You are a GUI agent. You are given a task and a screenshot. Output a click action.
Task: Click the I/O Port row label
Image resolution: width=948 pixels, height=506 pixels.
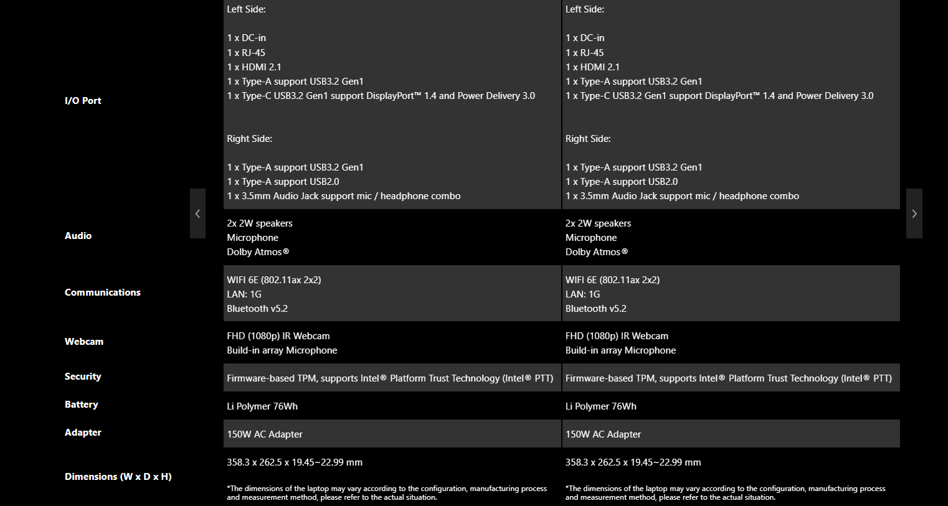pyautogui.click(x=83, y=101)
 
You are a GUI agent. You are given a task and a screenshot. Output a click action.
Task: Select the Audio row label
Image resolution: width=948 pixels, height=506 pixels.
pyautogui.click(x=78, y=236)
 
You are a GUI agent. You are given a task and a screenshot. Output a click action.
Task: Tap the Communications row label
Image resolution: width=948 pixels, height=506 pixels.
pyautogui.click(x=103, y=293)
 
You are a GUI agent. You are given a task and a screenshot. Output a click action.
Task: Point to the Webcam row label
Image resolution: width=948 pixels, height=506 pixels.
pyautogui.click(x=84, y=342)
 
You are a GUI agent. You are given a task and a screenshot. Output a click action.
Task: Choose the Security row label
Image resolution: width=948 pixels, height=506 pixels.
pyautogui.click(x=83, y=377)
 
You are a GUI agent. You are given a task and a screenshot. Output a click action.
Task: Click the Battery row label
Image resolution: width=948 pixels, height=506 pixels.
pyautogui.click(x=82, y=405)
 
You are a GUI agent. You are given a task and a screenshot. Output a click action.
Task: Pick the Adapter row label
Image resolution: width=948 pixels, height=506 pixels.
pyautogui.click(x=83, y=433)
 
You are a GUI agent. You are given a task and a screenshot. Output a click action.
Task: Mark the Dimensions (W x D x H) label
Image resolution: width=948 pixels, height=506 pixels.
pyautogui.click(x=118, y=477)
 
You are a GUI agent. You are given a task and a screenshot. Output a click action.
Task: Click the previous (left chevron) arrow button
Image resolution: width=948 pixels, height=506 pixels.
pyautogui.click(x=197, y=213)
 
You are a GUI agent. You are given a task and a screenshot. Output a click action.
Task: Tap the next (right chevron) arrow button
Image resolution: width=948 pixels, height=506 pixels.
pyautogui.click(x=914, y=213)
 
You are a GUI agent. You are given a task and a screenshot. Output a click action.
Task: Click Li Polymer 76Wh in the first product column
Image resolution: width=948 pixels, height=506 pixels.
pyautogui.click(x=262, y=406)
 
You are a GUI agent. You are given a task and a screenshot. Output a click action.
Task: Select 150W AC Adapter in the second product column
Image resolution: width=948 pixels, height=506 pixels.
pyautogui.click(x=603, y=434)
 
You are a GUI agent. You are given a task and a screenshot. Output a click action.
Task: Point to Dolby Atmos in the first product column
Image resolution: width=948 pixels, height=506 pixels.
pyautogui.click(x=258, y=252)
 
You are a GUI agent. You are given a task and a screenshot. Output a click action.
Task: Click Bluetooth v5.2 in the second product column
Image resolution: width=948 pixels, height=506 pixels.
pyautogui.click(x=596, y=309)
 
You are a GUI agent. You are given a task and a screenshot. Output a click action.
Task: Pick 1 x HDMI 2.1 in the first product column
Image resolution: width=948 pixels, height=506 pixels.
pyautogui.click(x=254, y=67)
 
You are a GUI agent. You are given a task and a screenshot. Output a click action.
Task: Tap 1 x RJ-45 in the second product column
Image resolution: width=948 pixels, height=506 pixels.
pyautogui.click(x=585, y=53)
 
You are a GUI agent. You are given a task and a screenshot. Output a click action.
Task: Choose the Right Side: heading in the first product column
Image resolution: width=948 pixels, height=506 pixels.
pyautogui.click(x=249, y=139)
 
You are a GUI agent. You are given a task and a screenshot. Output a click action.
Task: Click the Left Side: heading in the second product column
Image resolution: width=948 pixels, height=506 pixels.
pyautogui.click(x=585, y=9)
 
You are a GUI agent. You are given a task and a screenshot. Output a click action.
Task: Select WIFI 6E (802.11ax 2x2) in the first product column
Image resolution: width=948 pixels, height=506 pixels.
pyautogui.click(x=274, y=280)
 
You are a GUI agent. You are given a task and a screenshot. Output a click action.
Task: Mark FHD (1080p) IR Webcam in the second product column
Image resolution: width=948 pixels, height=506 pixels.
pyautogui.click(x=617, y=336)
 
